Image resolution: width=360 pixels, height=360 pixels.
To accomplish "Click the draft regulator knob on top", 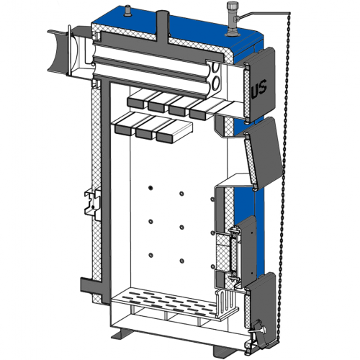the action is pos(232,6).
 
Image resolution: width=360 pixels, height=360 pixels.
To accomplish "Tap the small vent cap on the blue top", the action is pos(127,12).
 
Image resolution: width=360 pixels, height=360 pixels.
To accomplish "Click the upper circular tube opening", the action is pos(215,68).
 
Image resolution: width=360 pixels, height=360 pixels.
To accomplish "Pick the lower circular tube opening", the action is pos(215,84).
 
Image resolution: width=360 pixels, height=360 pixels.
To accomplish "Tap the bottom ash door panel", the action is pos(261,310).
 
